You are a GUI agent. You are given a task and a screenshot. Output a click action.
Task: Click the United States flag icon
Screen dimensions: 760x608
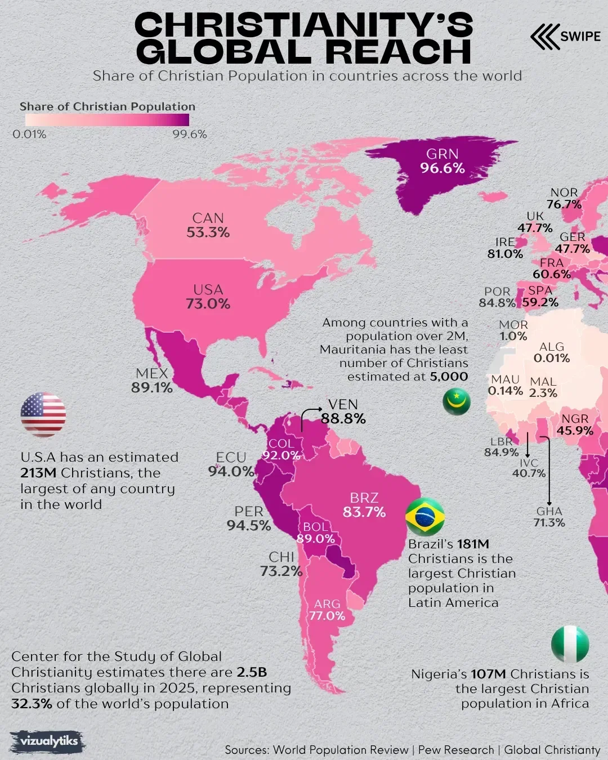click(43, 415)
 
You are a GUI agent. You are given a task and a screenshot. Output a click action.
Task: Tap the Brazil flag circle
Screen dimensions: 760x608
click(425, 516)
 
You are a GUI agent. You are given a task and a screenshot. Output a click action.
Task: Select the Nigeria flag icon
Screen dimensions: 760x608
click(570, 644)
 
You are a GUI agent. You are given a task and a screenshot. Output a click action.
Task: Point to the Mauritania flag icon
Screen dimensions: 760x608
click(456, 401)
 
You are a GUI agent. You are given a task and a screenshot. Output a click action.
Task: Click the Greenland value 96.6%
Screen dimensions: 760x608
click(442, 168)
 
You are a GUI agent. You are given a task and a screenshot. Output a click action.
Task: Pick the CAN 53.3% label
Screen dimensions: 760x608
click(208, 225)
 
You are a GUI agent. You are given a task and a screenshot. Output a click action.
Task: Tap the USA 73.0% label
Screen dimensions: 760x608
click(208, 297)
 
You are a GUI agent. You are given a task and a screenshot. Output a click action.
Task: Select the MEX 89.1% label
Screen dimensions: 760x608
click(152, 381)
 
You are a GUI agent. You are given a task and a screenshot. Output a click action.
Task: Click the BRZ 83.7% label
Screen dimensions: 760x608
click(364, 505)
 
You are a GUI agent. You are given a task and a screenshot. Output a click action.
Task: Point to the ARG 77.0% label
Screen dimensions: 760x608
click(327, 610)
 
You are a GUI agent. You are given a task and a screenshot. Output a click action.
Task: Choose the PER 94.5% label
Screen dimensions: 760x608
click(249, 518)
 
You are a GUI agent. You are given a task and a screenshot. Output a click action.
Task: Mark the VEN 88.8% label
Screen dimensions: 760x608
click(343, 412)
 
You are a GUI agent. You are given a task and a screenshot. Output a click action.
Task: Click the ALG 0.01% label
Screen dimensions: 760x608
click(552, 352)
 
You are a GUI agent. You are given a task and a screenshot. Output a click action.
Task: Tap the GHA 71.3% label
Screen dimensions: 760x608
click(549, 517)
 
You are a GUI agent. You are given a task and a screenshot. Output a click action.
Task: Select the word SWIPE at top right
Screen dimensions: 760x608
click(580, 36)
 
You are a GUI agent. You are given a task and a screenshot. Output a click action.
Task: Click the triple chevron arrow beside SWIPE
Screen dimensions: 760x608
click(544, 36)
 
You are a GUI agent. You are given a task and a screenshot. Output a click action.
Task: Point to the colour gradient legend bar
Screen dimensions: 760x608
click(107, 120)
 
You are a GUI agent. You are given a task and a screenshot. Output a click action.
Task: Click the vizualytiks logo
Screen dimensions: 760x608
click(48, 741)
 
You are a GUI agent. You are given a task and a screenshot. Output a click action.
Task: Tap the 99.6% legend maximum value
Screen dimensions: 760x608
click(189, 135)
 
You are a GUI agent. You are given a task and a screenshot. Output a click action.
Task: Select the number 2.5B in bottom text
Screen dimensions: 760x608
click(252, 672)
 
